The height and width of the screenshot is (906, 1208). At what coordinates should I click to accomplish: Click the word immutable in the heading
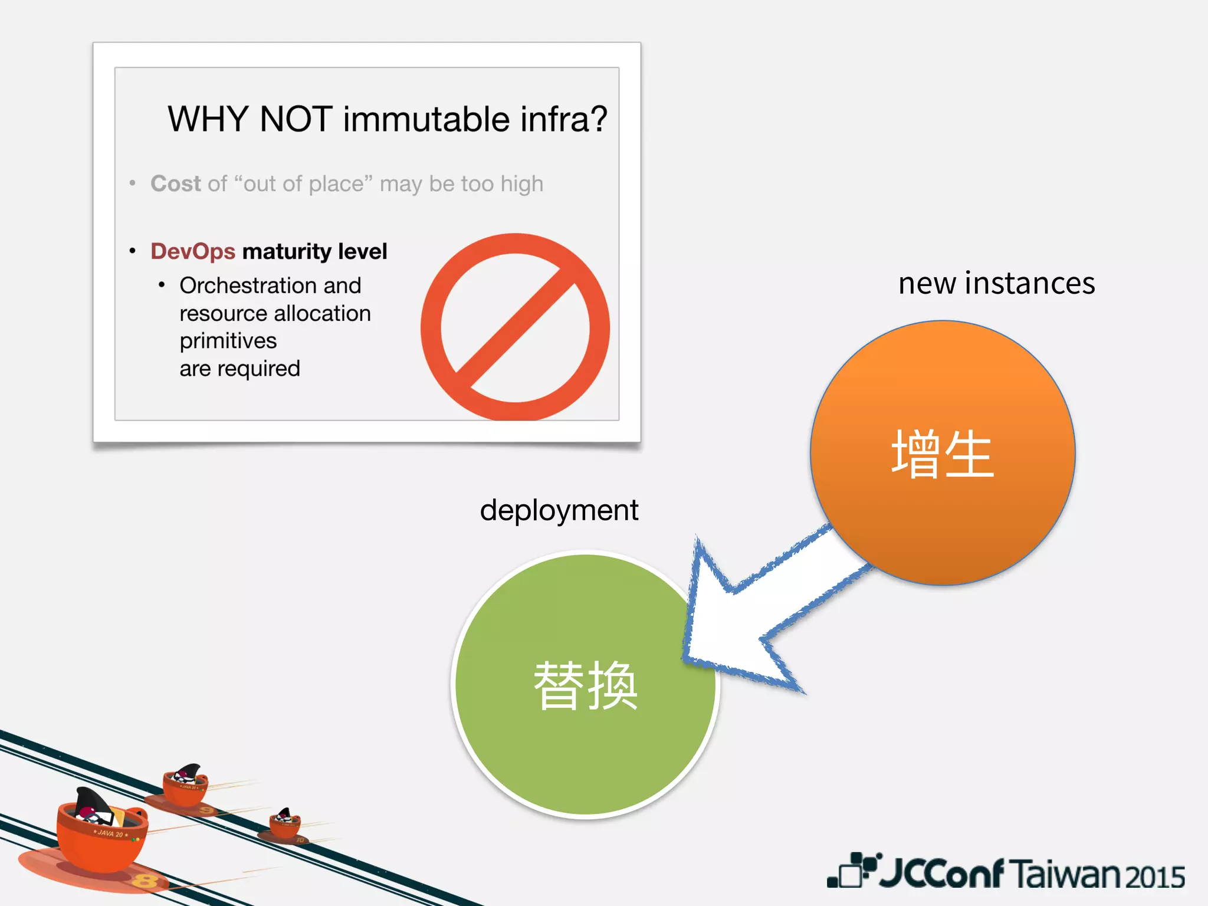pyautogui.click(x=426, y=119)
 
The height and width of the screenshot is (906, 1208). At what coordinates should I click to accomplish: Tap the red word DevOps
pyautogui.click(x=193, y=251)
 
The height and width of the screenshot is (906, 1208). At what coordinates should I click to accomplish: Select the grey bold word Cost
pyautogui.click(x=176, y=183)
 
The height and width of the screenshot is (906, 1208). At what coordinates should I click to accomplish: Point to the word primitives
pyautogui.click(x=228, y=341)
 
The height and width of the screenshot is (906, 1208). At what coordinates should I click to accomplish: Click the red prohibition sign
pyautogui.click(x=515, y=327)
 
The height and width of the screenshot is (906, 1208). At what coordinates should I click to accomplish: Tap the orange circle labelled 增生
pyautogui.click(x=942, y=453)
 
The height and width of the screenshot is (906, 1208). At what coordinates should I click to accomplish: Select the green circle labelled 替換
pyautogui.click(x=585, y=684)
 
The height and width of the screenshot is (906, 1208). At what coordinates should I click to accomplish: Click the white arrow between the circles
pyautogui.click(x=761, y=613)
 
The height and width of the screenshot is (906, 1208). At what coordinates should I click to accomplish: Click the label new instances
pyautogui.click(x=996, y=283)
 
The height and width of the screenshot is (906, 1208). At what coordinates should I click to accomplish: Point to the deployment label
pyautogui.click(x=559, y=510)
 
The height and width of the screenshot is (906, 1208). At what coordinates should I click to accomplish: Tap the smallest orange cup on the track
pyautogui.click(x=285, y=824)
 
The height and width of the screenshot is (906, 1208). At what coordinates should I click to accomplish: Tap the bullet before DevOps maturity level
pyautogui.click(x=133, y=251)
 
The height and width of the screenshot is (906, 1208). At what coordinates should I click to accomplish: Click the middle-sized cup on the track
pyautogui.click(x=185, y=786)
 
